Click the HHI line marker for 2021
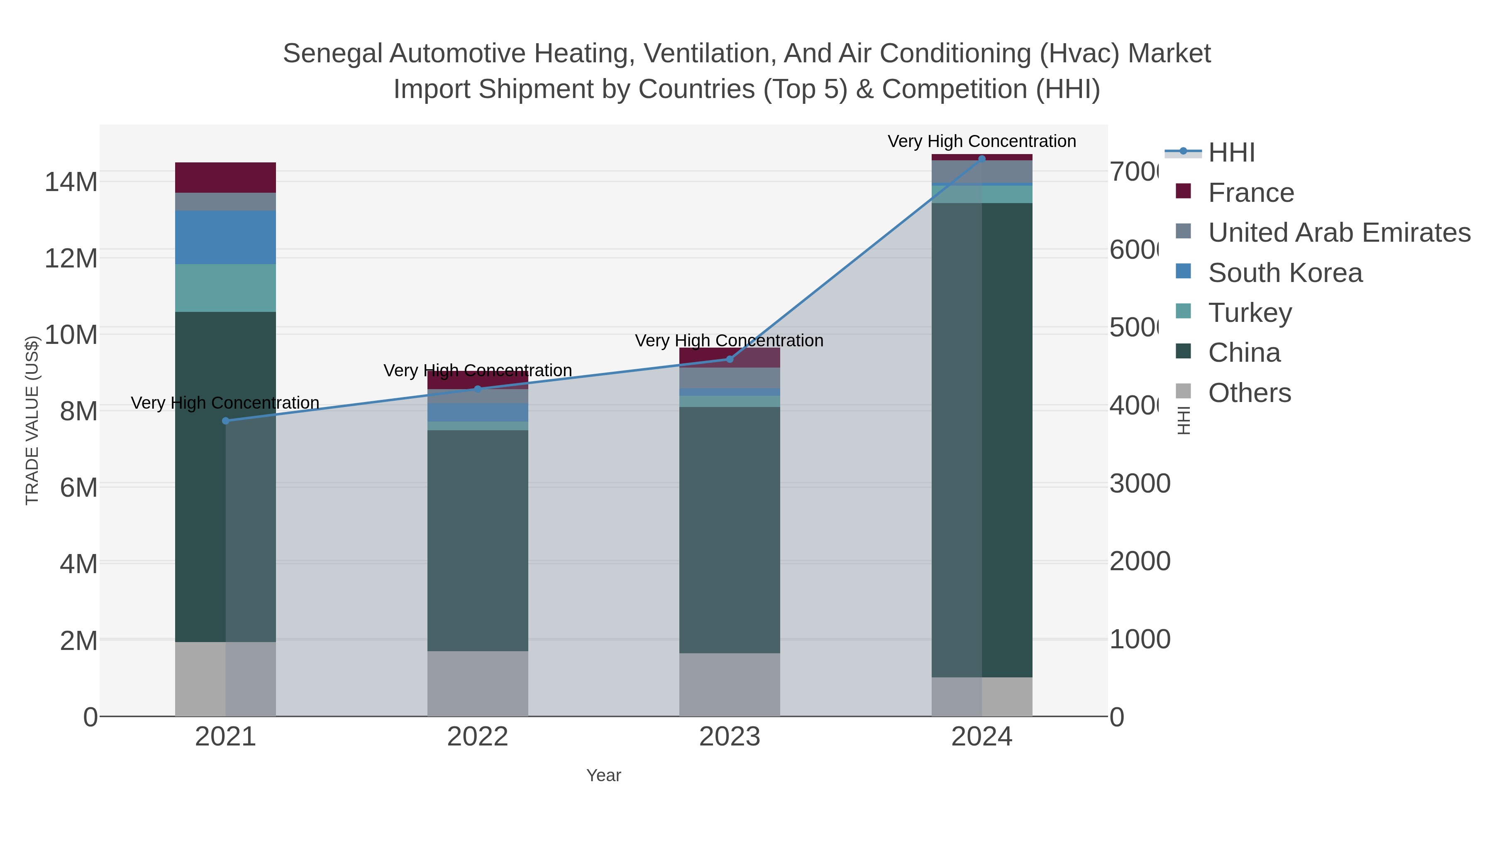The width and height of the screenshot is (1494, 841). tap(226, 421)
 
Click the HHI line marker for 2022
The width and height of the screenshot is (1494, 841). tap(478, 389)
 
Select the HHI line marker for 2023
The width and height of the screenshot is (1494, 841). tap(730, 359)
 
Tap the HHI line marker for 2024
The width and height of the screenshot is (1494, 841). tap(982, 159)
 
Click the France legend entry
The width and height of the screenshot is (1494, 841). tap(1250, 193)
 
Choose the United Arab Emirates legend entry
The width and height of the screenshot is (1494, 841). tap(1338, 233)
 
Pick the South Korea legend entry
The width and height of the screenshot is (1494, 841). tap(1284, 273)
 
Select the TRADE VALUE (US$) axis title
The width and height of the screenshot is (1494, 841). tap(32, 420)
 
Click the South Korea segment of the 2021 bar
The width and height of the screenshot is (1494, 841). tap(226, 238)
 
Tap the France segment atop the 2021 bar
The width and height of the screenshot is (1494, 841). tap(226, 177)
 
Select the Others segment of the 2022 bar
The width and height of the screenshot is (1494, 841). tap(478, 683)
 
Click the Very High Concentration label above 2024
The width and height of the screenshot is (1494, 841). tap(981, 141)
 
